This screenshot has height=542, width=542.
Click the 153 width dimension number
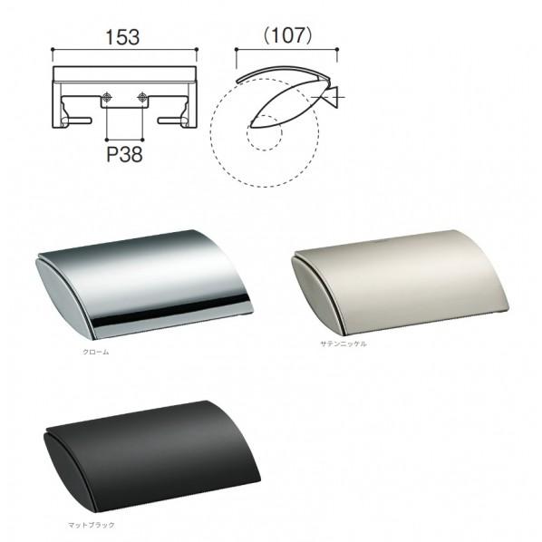point(122,37)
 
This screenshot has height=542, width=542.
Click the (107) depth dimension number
point(288,35)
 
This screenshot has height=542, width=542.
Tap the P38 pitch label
point(124,154)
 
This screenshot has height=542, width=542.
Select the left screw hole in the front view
point(108,97)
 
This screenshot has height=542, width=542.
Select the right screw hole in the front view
point(142,97)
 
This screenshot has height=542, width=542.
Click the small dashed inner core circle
point(264,132)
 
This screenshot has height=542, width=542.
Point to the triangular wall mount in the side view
point(331,97)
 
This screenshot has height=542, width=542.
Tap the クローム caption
point(96,352)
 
